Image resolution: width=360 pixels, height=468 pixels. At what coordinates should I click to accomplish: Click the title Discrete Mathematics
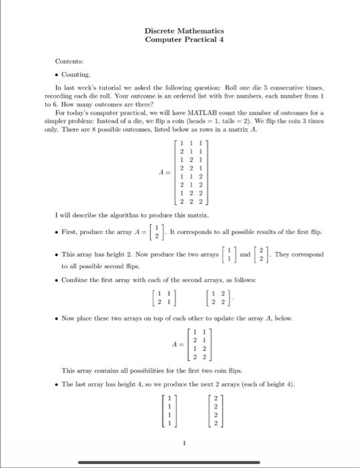184,31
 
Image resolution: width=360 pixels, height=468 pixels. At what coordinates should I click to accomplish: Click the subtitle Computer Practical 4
184,40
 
